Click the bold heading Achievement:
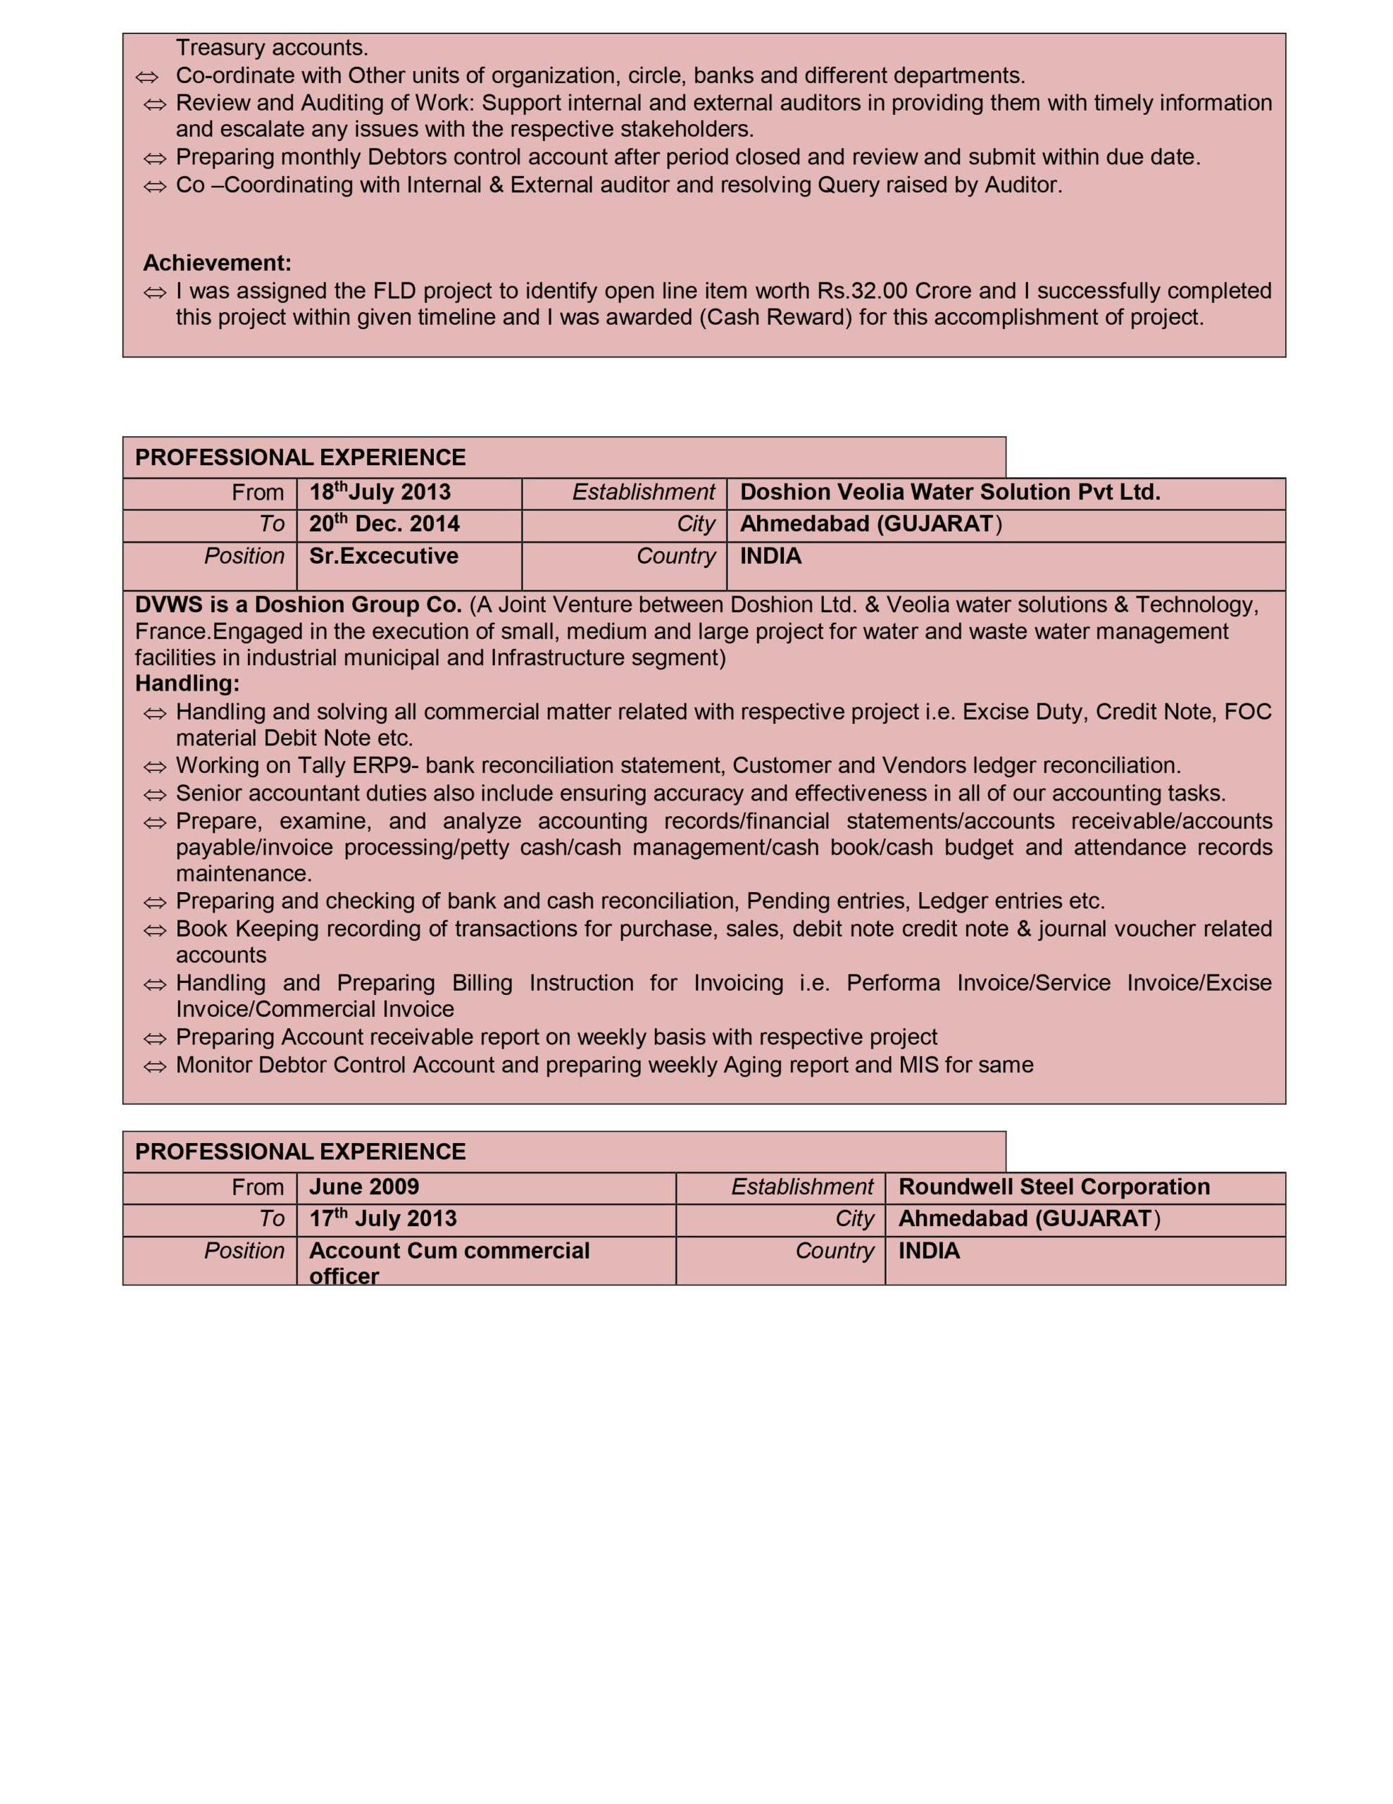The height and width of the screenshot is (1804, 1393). click(x=217, y=263)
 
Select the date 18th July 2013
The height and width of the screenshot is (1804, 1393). click(x=380, y=493)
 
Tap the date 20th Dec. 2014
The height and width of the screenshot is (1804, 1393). click(x=384, y=524)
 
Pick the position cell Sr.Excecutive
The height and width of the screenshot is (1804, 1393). click(x=383, y=556)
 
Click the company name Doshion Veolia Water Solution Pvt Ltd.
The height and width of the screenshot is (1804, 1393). click(x=949, y=493)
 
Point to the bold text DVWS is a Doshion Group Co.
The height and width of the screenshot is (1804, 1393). click(x=298, y=605)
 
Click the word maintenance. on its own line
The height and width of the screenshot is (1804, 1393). click(x=244, y=873)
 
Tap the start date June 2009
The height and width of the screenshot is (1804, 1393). click(x=364, y=1187)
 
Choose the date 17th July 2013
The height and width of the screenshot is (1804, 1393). click(x=382, y=1218)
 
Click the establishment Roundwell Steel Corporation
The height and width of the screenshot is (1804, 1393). click(x=1054, y=1187)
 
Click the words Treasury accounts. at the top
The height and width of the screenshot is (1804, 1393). click(x=272, y=48)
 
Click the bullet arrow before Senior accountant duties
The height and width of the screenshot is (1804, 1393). click(x=154, y=795)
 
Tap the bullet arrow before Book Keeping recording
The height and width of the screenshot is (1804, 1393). click(x=154, y=930)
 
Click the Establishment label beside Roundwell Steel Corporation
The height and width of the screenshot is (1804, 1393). click(x=801, y=1187)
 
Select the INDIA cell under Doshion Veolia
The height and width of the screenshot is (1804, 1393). click(x=770, y=556)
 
